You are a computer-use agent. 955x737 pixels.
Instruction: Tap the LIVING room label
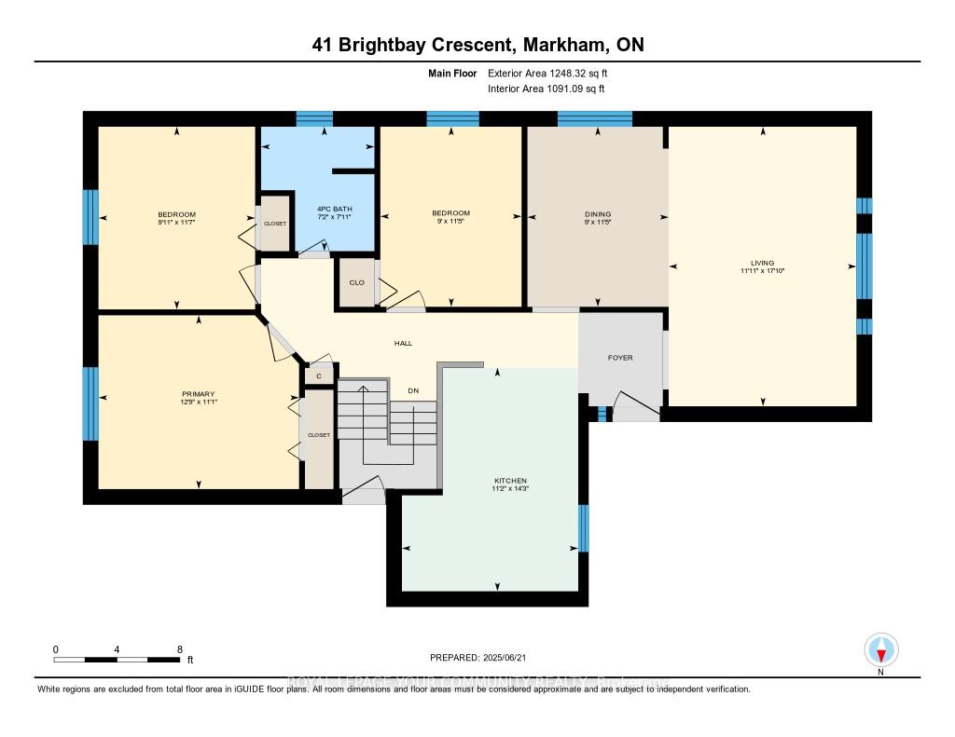click(761, 263)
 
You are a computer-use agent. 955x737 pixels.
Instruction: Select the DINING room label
click(597, 214)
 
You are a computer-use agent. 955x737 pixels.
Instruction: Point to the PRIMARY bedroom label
click(194, 393)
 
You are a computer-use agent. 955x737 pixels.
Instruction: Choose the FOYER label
click(620, 358)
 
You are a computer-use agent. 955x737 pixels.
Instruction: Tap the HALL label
click(403, 344)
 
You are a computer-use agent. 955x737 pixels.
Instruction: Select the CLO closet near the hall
click(355, 283)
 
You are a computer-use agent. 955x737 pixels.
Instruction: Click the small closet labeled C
click(318, 376)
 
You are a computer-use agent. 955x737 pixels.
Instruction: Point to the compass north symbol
click(880, 649)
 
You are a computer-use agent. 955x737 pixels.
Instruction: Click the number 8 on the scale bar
click(179, 648)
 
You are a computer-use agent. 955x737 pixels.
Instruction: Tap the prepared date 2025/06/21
click(508, 658)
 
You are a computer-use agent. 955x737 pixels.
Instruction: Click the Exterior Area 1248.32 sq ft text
click(550, 73)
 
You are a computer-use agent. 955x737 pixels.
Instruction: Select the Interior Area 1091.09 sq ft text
click(547, 89)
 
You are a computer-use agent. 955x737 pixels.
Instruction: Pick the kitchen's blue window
click(583, 528)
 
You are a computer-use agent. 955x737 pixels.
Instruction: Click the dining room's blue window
click(594, 118)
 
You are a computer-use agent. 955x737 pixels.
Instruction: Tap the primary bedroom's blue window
click(90, 403)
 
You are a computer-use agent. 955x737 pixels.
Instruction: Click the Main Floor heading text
click(454, 73)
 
